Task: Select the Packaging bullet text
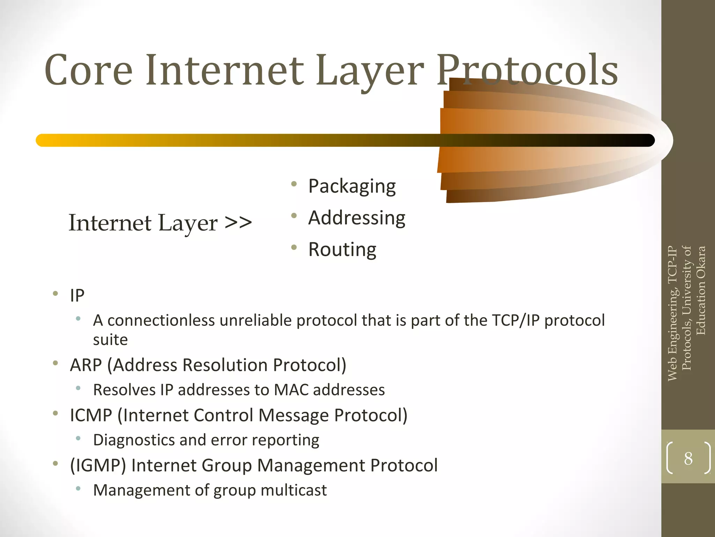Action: point(352,186)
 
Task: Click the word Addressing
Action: point(356,218)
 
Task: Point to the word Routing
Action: point(342,250)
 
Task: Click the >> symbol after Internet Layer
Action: point(238,223)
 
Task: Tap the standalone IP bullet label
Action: point(77,296)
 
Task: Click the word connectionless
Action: point(161,320)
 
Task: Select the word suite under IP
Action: point(110,340)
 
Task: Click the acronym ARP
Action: point(86,365)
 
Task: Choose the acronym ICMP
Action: point(91,415)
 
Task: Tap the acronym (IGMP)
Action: point(98,465)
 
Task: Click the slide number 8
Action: point(688,458)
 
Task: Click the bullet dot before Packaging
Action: point(294,184)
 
